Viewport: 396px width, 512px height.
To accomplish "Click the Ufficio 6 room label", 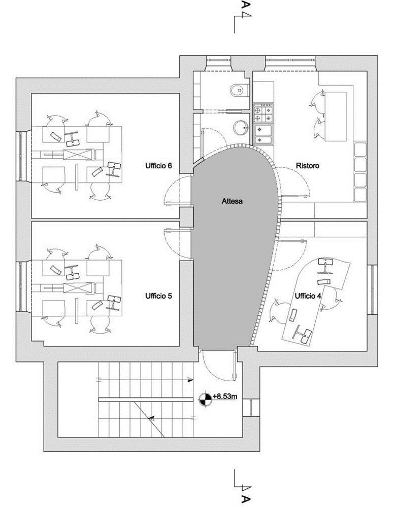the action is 158,166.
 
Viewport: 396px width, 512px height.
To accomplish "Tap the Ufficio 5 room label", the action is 158,296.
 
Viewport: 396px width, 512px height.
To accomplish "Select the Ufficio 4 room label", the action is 308,296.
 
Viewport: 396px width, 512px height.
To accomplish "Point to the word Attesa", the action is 232,201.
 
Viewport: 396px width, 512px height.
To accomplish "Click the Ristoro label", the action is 307,166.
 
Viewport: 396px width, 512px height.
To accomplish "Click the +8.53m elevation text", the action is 224,396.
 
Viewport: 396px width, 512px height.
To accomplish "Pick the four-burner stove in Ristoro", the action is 263,113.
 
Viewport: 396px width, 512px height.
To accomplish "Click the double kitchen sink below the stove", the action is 263,134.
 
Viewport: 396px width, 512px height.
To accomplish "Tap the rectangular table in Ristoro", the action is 336,116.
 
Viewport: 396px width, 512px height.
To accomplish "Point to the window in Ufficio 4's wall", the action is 372,289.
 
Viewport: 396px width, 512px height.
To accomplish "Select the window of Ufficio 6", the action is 21,156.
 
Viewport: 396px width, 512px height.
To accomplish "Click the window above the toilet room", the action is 218,60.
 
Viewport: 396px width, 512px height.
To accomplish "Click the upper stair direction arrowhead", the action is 191,380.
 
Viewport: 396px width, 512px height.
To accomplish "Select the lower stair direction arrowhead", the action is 151,417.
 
